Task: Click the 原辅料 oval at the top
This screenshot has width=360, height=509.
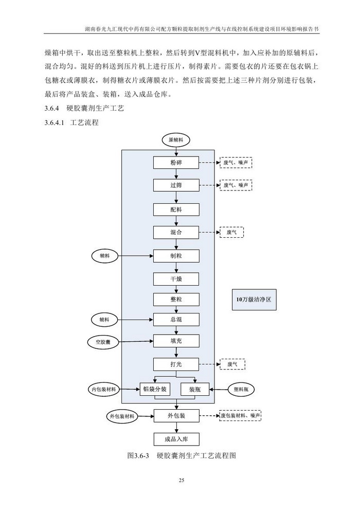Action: pyautogui.click(x=176, y=140)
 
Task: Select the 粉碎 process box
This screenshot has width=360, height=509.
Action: pyautogui.click(x=176, y=163)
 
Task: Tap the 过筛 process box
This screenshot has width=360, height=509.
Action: pyautogui.click(x=176, y=184)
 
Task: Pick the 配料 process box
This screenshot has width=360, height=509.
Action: pyautogui.click(x=176, y=209)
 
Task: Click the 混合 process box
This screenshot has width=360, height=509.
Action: pyautogui.click(x=176, y=233)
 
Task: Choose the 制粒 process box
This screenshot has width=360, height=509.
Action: pyautogui.click(x=176, y=256)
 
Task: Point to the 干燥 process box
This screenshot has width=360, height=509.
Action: pyautogui.click(x=176, y=279)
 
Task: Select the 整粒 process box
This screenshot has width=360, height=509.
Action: pyautogui.click(x=176, y=299)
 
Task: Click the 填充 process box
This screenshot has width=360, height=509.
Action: pyautogui.click(x=176, y=341)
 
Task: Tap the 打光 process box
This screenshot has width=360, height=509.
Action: pyautogui.click(x=176, y=364)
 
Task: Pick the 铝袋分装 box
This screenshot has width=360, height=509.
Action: pyautogui.click(x=155, y=389)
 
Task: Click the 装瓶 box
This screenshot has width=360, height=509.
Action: pyautogui.click(x=195, y=389)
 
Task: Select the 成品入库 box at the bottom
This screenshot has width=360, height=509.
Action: pyautogui.click(x=176, y=439)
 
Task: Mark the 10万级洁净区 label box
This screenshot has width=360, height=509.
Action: pyautogui.click(x=254, y=300)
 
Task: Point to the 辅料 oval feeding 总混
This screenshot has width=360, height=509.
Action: pyautogui.click(x=104, y=320)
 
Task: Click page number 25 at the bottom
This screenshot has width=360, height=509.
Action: pyautogui.click(x=181, y=481)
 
